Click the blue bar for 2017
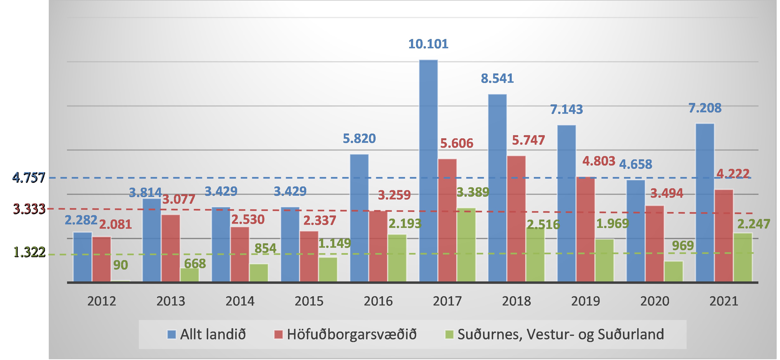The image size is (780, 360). (x=428, y=171)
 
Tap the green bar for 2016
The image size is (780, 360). (x=397, y=258)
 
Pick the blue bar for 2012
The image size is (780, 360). (x=82, y=257)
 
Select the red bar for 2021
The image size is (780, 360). (x=724, y=236)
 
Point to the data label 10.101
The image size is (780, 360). (x=428, y=44)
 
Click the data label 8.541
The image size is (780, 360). (x=497, y=79)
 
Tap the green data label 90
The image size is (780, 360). (x=121, y=265)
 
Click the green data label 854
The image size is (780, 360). (x=265, y=249)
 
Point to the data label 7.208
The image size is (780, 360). (x=705, y=108)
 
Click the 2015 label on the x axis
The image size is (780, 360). (x=309, y=301)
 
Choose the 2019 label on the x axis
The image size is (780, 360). (x=585, y=301)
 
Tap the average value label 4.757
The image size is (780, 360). (x=29, y=178)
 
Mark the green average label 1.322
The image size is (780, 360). (x=29, y=252)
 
